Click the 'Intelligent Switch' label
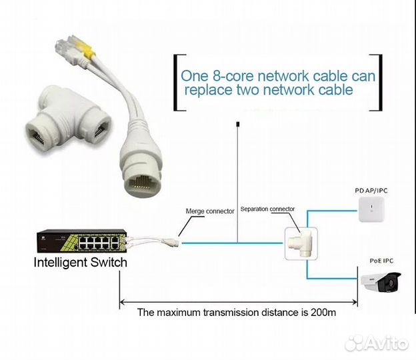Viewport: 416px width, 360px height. click(x=80, y=262)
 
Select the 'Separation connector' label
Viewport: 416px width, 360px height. click(x=267, y=209)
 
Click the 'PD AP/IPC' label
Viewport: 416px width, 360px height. click(x=371, y=191)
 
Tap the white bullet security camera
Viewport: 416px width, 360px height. click(x=383, y=284)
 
